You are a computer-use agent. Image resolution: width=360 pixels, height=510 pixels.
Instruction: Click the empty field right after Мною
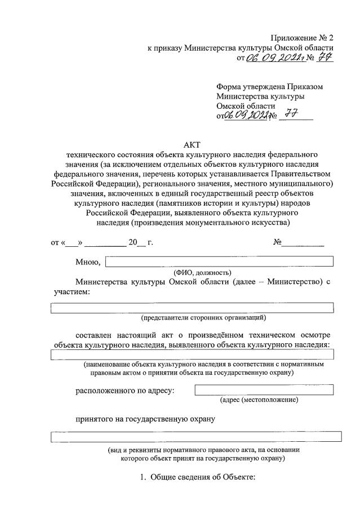[x=219, y=261]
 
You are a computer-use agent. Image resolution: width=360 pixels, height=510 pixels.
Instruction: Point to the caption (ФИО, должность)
[x=199, y=272]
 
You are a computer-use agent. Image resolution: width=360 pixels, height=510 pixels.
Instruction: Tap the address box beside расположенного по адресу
[x=264, y=389]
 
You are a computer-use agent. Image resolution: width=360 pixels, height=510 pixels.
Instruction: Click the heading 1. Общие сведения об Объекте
[x=198, y=478]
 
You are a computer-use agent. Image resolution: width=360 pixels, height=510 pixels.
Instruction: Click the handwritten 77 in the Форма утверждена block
[x=288, y=116]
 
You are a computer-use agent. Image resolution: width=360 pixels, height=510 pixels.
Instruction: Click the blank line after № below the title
[x=303, y=243]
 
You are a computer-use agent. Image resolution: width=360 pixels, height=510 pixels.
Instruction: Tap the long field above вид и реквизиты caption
[x=196, y=436]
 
